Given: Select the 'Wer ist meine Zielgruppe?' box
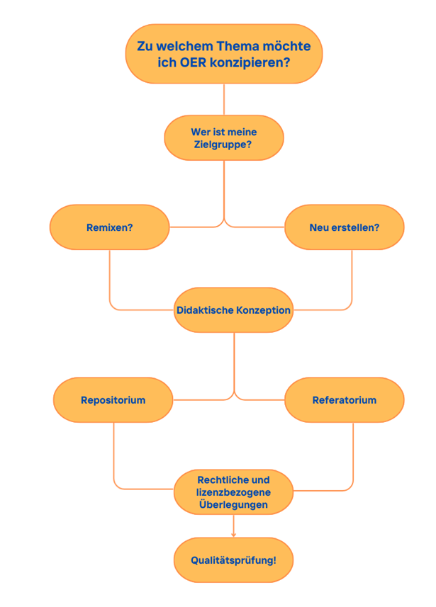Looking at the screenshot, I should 223,138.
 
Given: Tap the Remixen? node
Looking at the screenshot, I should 109,227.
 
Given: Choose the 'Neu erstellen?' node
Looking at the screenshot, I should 345,227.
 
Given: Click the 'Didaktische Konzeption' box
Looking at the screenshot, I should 233,310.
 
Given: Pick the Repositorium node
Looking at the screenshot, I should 113,400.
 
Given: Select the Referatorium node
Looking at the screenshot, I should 345,400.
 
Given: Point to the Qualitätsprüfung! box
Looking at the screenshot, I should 233,560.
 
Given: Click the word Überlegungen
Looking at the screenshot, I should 233,505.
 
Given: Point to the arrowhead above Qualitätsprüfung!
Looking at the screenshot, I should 233,534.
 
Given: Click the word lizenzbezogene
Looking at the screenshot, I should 233,492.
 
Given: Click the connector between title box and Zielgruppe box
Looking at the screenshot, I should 224,99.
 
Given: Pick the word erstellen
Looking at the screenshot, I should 354,227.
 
